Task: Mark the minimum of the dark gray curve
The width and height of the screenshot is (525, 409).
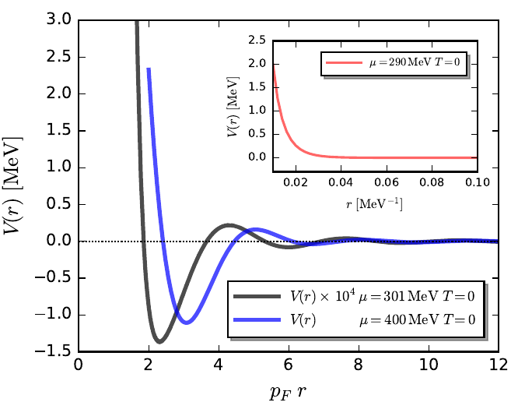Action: click(159, 341)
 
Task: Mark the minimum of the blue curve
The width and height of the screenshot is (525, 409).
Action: click(185, 322)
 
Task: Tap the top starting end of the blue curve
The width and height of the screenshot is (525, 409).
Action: click(148, 69)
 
